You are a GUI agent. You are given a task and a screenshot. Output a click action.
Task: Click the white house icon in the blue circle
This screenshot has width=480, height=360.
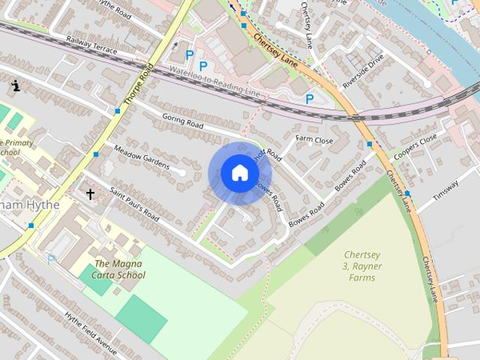pyautogui.click(x=239, y=173)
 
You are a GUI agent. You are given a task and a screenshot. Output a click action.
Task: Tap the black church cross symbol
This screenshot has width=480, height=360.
pyautogui.click(x=90, y=194)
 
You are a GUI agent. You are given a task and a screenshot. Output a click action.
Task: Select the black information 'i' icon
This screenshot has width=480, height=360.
pyautogui.click(x=15, y=86)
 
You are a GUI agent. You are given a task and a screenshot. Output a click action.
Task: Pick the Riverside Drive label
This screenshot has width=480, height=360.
pyautogui.click(x=363, y=67)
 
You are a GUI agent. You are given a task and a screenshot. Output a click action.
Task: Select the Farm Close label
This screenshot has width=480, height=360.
pyautogui.click(x=313, y=139)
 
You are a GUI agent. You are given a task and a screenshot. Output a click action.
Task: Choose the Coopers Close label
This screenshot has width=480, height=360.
pyautogui.click(x=413, y=148)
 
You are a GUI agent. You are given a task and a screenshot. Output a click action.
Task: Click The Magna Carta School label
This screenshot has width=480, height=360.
pyautogui.click(x=120, y=269)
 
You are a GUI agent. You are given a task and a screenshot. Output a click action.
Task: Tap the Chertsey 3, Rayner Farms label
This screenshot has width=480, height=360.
pyautogui.click(x=362, y=266)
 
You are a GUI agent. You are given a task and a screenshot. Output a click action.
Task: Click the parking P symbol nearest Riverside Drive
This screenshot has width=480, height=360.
pyautogui.click(x=309, y=99)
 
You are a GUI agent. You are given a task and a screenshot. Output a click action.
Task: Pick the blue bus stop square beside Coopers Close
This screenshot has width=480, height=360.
pyautogui.click(x=369, y=143)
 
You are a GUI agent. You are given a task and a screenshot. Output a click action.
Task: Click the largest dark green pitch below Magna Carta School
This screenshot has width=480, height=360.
pyautogui.click(x=141, y=317)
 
